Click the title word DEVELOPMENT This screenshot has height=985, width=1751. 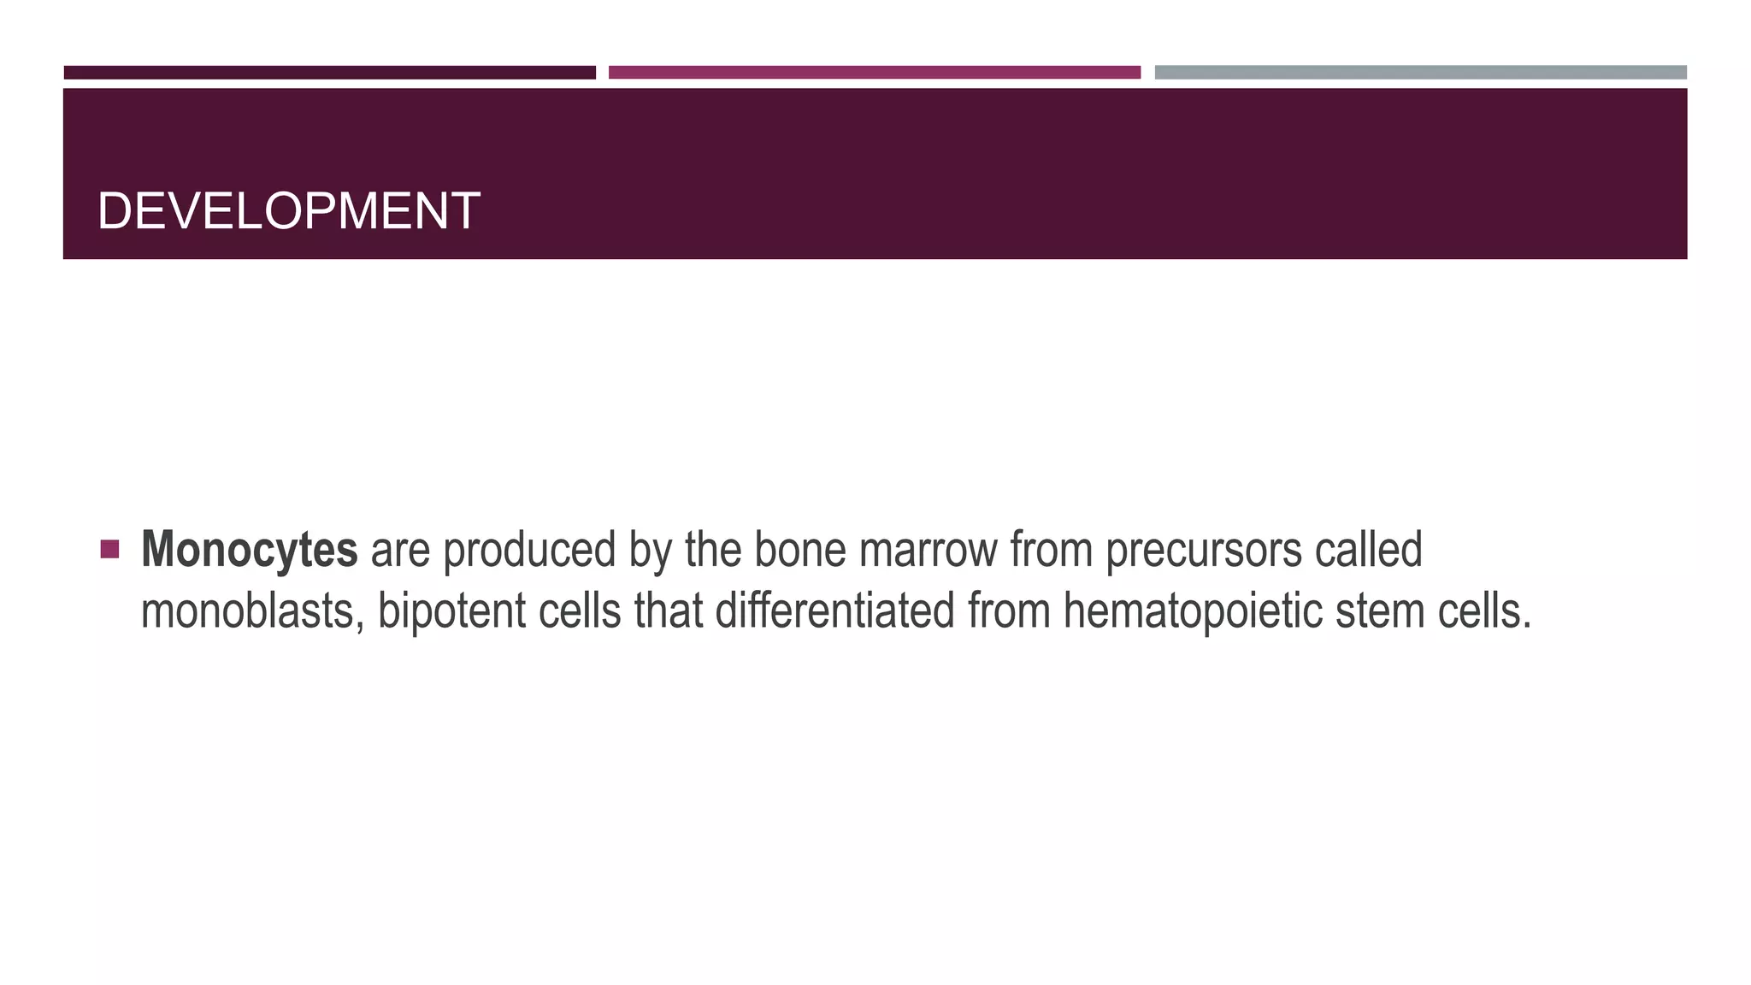pyautogui.click(x=288, y=211)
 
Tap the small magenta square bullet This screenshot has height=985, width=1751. pyautogui.click(x=109, y=549)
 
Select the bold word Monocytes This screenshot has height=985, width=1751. pyautogui.click(x=249, y=549)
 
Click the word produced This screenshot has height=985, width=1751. pyautogui.click(x=530, y=549)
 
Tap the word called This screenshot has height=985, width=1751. pyautogui.click(x=1368, y=549)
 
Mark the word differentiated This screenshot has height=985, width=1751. pyautogui.click(x=834, y=610)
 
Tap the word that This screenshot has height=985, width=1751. pyautogui.click(x=669, y=610)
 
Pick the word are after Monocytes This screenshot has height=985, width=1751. pyautogui.click(x=400, y=549)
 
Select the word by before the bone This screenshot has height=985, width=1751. pyautogui.click(x=650, y=549)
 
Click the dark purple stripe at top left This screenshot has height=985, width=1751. pyautogui.click(x=329, y=73)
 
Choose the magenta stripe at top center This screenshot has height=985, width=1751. pyautogui.click(x=874, y=73)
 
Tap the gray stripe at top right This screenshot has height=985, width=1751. pyautogui.click(x=1420, y=73)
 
